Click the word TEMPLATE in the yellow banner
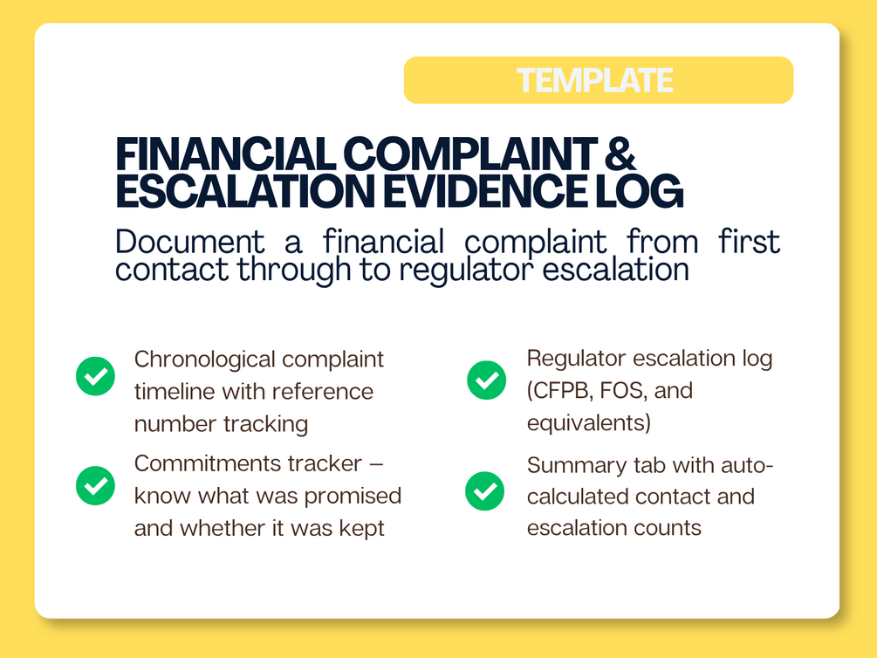pos(594,80)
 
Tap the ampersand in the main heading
pos(620,154)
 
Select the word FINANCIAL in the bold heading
pos(225,154)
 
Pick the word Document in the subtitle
pos(190,243)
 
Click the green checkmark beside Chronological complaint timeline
pos(96,376)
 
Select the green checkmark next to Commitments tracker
pos(96,486)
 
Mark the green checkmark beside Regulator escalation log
pos(487,380)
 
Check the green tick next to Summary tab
pos(485,491)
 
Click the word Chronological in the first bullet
pos(205,360)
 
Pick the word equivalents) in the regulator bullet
pos(589,423)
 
